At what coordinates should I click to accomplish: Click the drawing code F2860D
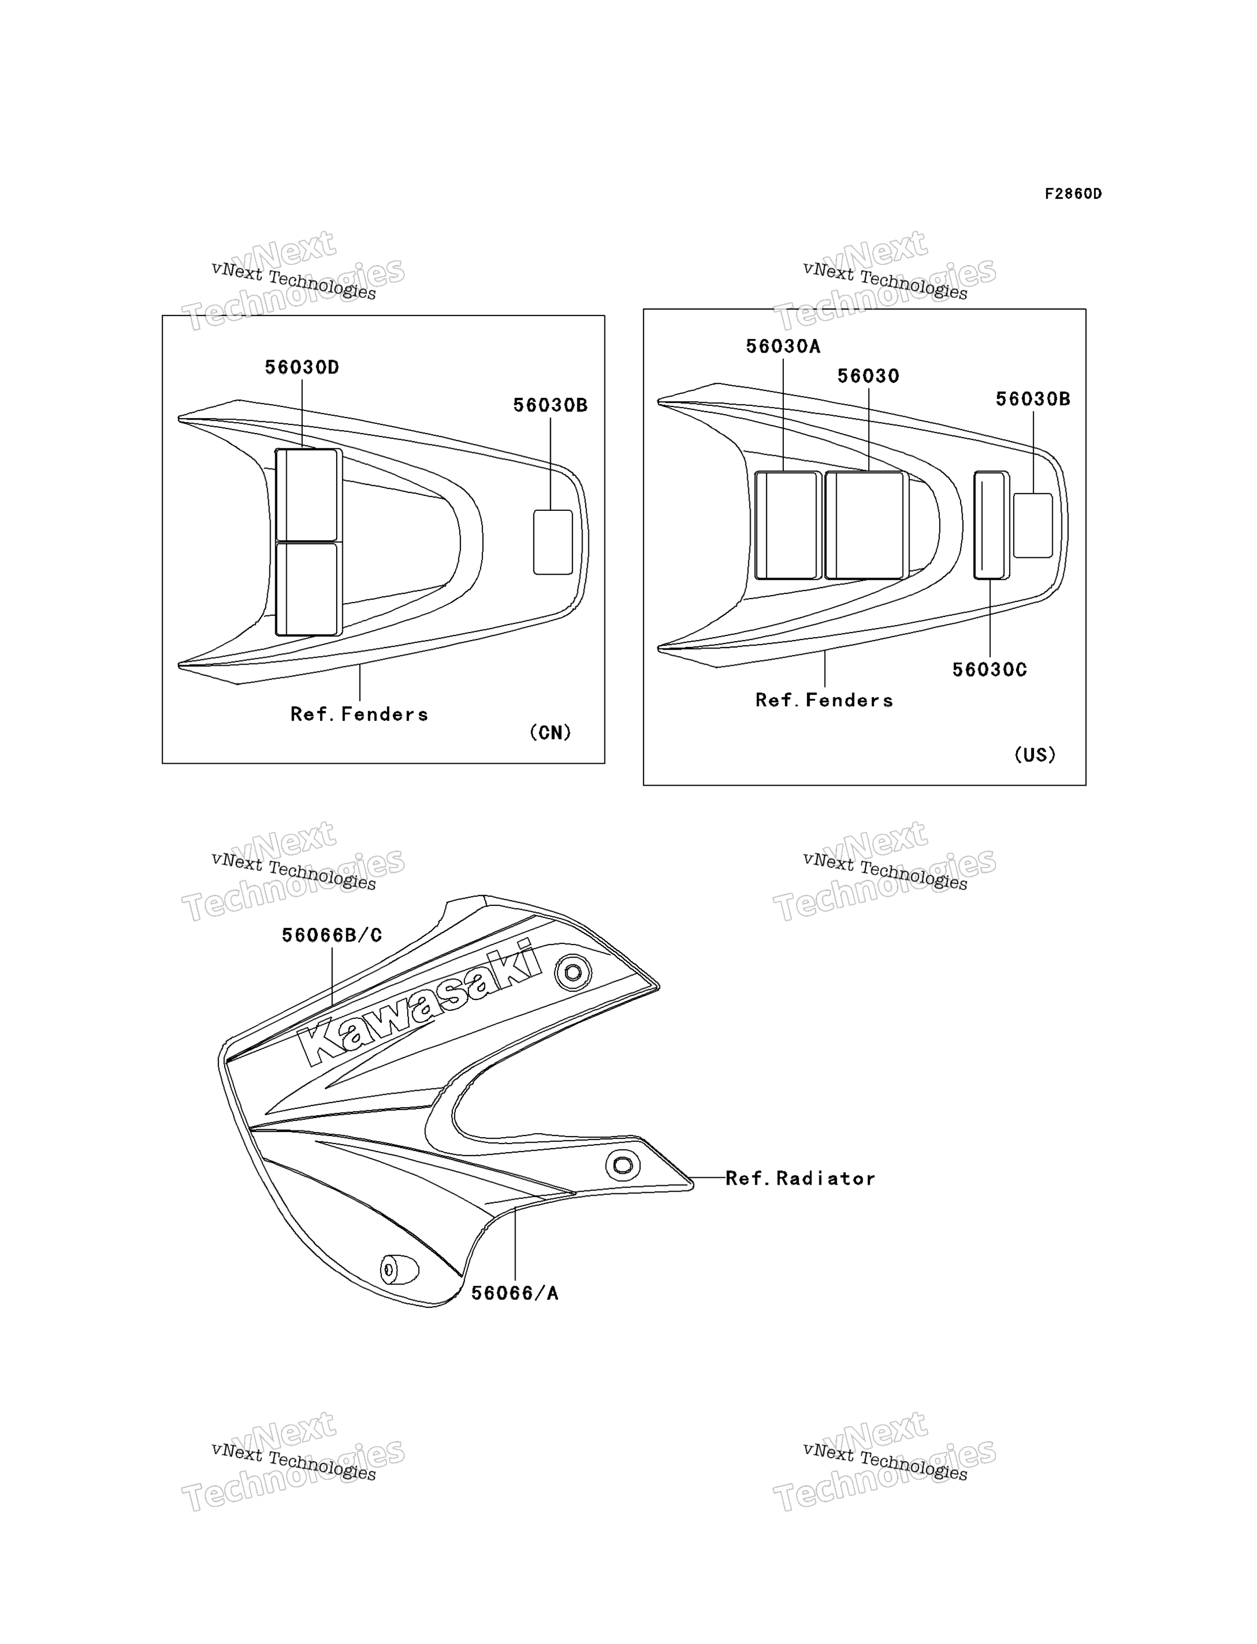[x=1073, y=194]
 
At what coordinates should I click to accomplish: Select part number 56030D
[x=302, y=368]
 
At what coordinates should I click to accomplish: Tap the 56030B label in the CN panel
[x=550, y=405]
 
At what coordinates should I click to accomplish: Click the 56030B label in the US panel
[x=1033, y=400]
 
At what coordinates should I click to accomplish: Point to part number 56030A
[x=783, y=346]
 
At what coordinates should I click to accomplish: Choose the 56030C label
[x=989, y=670]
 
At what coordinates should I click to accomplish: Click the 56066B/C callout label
[x=331, y=935]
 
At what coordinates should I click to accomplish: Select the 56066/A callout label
[x=515, y=1293]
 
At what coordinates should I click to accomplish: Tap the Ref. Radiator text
[x=800, y=1178]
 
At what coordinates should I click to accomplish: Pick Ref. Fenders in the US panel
[x=824, y=700]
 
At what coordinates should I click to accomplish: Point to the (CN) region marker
[x=550, y=733]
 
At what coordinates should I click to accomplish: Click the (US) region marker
[x=1035, y=755]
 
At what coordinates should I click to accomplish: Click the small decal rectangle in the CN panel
[x=553, y=542]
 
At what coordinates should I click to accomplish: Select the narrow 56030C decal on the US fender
[x=991, y=525]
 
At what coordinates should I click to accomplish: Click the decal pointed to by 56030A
[x=788, y=525]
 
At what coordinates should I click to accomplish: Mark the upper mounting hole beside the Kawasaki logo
[x=573, y=973]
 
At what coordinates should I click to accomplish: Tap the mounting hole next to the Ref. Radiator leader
[x=623, y=1165]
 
